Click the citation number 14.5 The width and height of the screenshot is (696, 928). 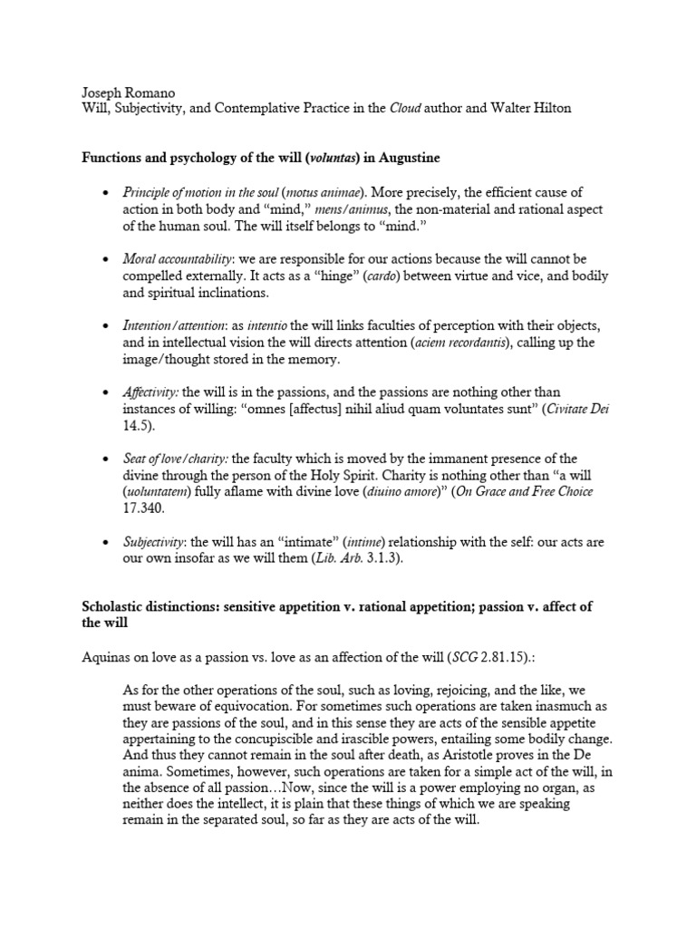click(x=135, y=425)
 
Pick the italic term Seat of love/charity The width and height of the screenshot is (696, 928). click(x=174, y=459)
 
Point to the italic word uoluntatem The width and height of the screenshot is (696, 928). click(x=163, y=491)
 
